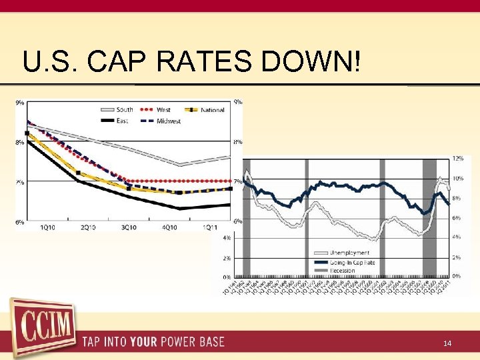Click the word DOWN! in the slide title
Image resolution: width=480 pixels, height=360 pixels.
tap(313, 61)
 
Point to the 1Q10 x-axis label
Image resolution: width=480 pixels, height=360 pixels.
tap(48, 228)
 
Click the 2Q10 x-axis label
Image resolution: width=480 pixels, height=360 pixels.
tap(88, 228)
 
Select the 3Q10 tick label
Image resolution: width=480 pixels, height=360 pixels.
tap(128, 228)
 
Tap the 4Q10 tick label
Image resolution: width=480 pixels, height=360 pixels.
tap(169, 228)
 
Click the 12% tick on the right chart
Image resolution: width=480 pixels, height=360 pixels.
tap(457, 159)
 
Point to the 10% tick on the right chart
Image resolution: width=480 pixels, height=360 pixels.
tap(457, 179)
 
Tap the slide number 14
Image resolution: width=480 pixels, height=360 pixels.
tap(447, 343)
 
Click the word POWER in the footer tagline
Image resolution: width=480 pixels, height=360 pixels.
tap(175, 343)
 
